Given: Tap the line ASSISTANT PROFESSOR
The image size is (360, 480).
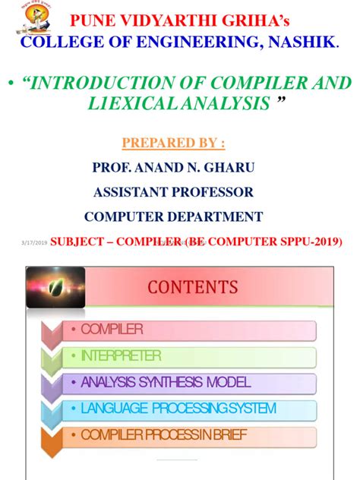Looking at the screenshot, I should (173, 192).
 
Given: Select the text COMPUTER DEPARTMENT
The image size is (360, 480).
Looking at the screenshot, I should (173, 216).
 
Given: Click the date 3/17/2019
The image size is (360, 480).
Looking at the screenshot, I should (33, 242).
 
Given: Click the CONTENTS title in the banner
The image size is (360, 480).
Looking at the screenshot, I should (193, 287).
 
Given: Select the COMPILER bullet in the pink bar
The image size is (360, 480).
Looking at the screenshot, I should (112, 330).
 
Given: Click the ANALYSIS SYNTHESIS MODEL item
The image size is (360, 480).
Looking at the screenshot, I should (166, 383).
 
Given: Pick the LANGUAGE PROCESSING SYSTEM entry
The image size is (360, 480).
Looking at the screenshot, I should (178, 409).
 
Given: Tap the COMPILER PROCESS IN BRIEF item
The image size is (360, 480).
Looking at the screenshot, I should (177, 435).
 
